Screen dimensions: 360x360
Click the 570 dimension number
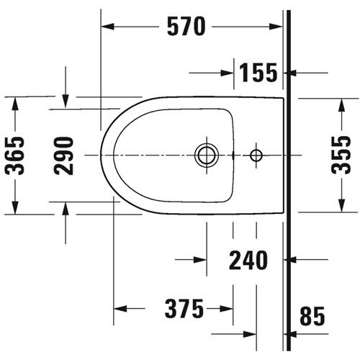tap(186, 27)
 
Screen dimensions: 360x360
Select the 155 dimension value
tap(258, 73)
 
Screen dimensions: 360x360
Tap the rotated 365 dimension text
tap(14, 156)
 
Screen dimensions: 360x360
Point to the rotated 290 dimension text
tap(63, 156)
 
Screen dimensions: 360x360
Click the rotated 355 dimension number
tap(341, 155)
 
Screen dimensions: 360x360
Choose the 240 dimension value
tap(248, 260)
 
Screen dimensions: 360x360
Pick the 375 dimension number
tap(184, 309)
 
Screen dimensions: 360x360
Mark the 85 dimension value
tap(312, 316)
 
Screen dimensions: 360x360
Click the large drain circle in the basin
tap(207, 156)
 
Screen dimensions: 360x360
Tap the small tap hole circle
tap(256, 156)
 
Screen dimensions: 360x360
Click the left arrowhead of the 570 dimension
tap(107, 27)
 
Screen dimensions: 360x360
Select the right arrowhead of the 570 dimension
tap(276, 27)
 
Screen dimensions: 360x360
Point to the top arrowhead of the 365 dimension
tap(15, 104)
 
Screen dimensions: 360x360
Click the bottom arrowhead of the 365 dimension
tap(15, 207)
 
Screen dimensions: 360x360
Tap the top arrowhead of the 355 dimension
tap(341, 105)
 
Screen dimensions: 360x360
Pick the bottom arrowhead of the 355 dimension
tap(341, 206)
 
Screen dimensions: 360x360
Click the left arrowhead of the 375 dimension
tap(120, 309)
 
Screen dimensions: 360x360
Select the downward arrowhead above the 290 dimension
tap(66, 102)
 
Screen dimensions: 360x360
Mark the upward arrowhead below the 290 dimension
tap(66, 209)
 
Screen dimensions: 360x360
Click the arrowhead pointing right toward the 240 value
tap(200, 260)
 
